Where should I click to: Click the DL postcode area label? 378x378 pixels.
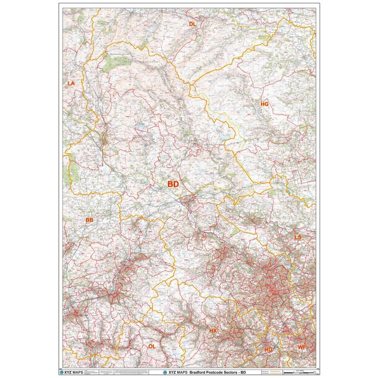(x=192, y=25)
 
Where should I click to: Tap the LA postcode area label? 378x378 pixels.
(x=71, y=84)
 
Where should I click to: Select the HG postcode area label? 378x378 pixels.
(x=264, y=104)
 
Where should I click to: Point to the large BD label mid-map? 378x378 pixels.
(x=173, y=184)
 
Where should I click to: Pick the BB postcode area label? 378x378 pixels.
(x=89, y=220)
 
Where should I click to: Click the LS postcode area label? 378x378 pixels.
(x=298, y=237)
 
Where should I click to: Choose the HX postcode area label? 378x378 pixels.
(x=213, y=330)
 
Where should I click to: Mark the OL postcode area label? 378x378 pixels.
(x=152, y=346)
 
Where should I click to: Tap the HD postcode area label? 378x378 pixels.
(x=268, y=349)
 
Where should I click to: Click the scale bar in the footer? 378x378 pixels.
(x=300, y=373)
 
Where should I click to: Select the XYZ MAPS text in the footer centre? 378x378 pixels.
(x=174, y=373)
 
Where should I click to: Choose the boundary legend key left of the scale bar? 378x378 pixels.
(x=270, y=373)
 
